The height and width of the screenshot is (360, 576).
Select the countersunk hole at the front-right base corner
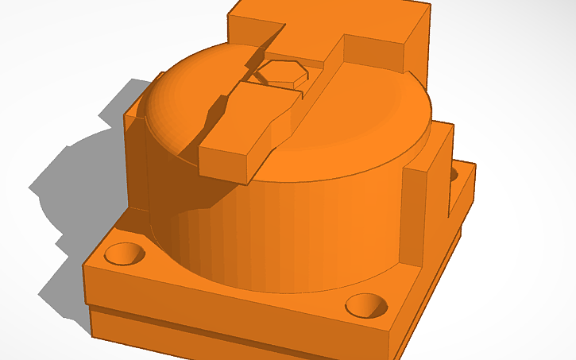(x=366, y=304)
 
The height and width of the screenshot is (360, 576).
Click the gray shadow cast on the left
(x=72, y=191)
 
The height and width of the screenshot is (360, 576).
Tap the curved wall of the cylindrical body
(x=302, y=230)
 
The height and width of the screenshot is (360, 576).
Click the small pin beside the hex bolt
(x=261, y=75)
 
